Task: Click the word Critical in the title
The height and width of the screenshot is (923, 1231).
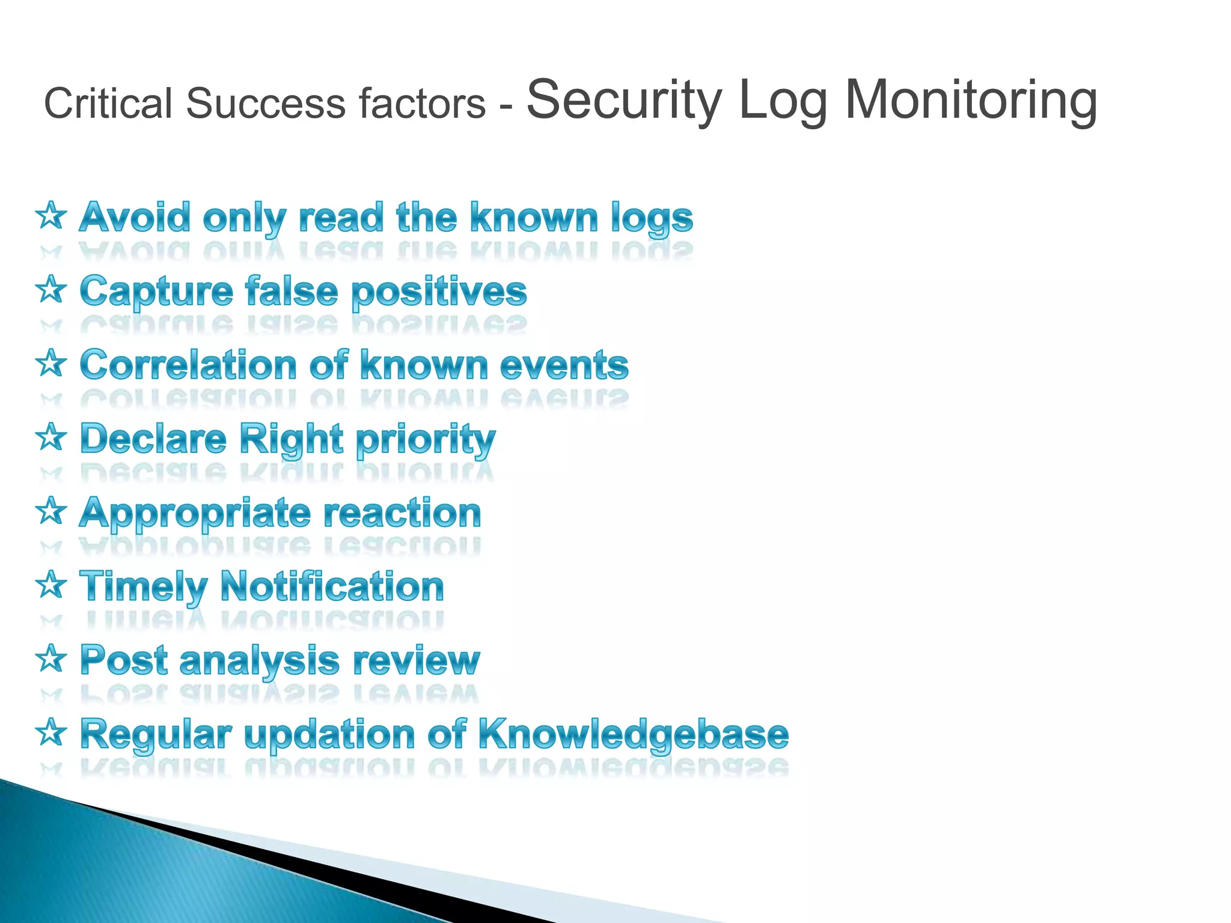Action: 108,103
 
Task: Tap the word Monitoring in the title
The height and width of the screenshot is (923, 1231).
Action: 971,100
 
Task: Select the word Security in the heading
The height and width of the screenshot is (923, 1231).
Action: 624,100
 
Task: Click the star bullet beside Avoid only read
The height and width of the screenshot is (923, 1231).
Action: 51,216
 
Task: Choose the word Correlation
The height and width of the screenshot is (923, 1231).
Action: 188,365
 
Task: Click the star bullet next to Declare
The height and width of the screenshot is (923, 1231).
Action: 51,437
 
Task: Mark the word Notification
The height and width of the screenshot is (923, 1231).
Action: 332,586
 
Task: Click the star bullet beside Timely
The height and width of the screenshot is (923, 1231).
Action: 51,585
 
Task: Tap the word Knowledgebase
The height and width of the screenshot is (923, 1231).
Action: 633,735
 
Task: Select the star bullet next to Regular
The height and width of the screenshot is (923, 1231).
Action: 51,733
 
